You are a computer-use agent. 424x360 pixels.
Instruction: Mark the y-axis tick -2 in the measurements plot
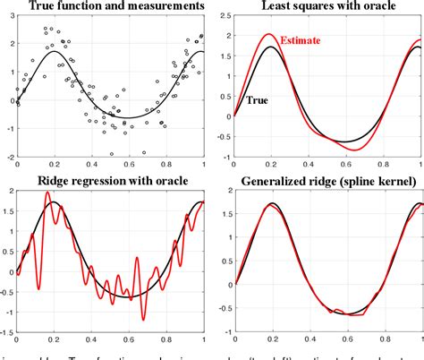pyautogui.click(x=8, y=155)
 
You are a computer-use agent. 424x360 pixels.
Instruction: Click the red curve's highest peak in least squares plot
pyautogui.click(x=269, y=35)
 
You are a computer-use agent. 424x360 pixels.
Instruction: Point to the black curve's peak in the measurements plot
pyautogui.click(x=55, y=51)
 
